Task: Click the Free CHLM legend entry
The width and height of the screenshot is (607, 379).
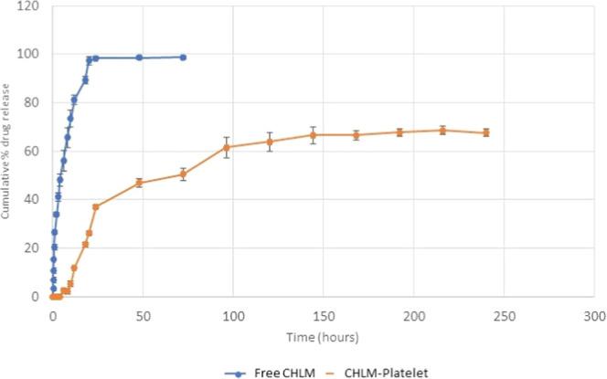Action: click(x=266, y=372)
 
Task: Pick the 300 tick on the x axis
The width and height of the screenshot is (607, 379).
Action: click(x=594, y=314)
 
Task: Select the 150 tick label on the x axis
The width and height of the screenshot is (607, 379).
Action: click(x=324, y=314)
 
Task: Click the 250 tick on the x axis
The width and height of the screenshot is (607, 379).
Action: click(x=504, y=314)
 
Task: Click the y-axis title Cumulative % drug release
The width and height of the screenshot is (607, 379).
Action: click(x=9, y=152)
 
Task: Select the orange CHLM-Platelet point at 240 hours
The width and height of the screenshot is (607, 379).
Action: click(x=486, y=132)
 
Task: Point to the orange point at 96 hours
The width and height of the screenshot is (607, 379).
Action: click(x=226, y=147)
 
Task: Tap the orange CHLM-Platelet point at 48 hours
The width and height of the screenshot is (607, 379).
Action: click(x=139, y=183)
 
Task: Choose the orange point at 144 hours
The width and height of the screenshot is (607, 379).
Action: click(x=313, y=135)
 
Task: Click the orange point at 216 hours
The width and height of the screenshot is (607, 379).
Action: click(x=442, y=130)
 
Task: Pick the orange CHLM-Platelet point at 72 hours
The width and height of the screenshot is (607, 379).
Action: click(x=183, y=174)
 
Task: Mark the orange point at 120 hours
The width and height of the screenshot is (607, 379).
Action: click(x=270, y=142)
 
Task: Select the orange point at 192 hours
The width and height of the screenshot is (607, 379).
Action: click(x=399, y=132)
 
